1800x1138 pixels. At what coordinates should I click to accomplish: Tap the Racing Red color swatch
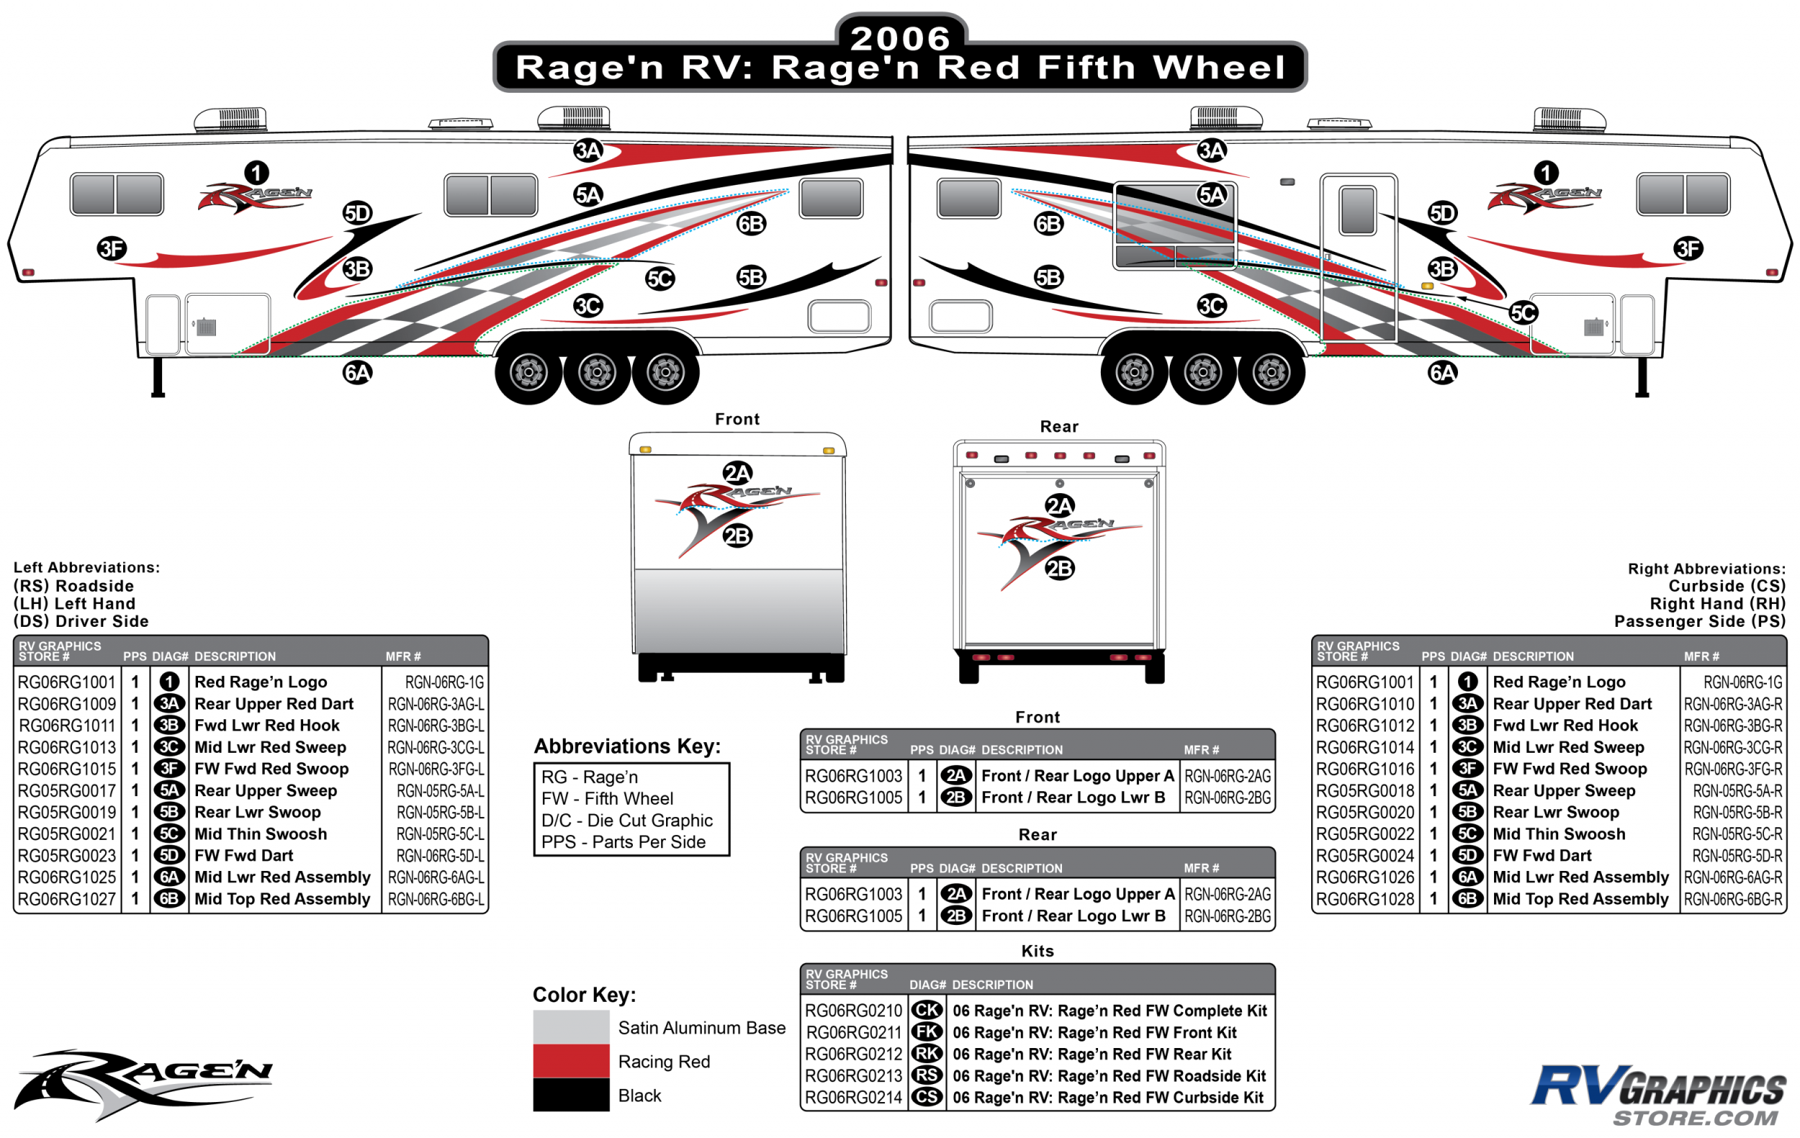pyautogui.click(x=570, y=1060)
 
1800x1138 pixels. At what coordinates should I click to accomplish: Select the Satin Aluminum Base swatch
pyautogui.click(x=570, y=1026)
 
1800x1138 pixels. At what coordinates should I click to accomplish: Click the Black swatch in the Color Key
pyautogui.click(x=570, y=1095)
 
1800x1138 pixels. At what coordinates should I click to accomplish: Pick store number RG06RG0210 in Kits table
pyautogui.click(x=853, y=1010)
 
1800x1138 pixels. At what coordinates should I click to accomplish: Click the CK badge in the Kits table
pyautogui.click(x=927, y=1010)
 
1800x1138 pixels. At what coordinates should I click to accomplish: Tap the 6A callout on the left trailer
pyautogui.click(x=357, y=372)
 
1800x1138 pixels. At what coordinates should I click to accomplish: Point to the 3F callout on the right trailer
pyautogui.click(x=1688, y=248)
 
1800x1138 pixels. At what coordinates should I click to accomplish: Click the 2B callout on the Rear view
pyautogui.click(x=1059, y=569)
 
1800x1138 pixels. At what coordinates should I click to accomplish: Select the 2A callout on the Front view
pyautogui.click(x=737, y=473)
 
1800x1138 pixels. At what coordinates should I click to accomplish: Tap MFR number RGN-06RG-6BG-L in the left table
pyautogui.click(x=436, y=899)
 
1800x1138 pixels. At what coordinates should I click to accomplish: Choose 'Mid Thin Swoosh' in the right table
pyautogui.click(x=1559, y=834)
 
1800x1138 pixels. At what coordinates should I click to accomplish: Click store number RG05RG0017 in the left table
pyautogui.click(x=66, y=790)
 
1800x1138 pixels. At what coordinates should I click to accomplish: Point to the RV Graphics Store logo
pyautogui.click(x=1658, y=1095)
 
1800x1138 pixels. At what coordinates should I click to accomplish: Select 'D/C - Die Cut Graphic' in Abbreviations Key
pyautogui.click(x=626, y=820)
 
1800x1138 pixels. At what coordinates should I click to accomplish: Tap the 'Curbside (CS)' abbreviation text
pyautogui.click(x=1726, y=586)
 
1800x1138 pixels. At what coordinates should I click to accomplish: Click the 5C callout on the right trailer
pyautogui.click(x=1524, y=312)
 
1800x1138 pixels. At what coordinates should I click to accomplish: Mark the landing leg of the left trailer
pyautogui.click(x=158, y=377)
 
